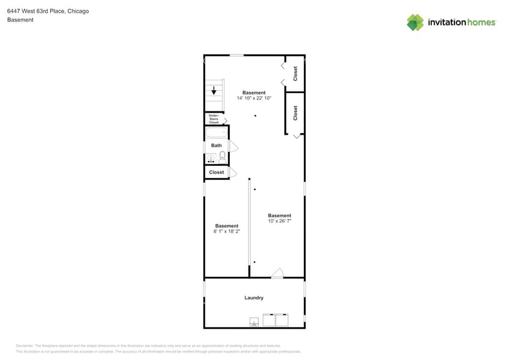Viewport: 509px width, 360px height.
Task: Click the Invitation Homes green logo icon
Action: coord(415,22)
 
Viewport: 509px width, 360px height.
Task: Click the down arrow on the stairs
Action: coord(214,91)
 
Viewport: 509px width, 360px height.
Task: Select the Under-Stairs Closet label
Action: coord(214,119)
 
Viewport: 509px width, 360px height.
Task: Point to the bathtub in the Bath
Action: coord(216,133)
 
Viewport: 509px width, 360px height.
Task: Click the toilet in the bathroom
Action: coord(222,158)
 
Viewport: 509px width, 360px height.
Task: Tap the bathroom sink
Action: coord(211,159)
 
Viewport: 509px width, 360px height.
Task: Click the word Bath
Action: coord(216,146)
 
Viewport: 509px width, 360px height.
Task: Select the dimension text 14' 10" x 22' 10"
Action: coord(254,98)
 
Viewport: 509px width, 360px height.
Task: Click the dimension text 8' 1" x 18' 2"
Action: coord(227,231)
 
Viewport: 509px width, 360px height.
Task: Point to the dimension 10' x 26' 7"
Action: coord(279,221)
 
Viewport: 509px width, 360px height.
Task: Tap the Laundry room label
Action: coord(254,298)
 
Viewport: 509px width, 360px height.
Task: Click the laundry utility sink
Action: coord(254,321)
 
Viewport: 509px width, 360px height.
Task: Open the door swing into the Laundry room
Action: coord(277,273)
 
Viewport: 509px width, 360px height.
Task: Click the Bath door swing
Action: coord(233,146)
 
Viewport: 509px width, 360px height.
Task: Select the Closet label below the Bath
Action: coord(216,173)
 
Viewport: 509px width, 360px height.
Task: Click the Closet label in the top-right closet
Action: coord(295,73)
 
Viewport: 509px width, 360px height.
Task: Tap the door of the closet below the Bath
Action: coord(232,173)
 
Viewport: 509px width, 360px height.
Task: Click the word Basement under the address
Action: coord(20,20)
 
